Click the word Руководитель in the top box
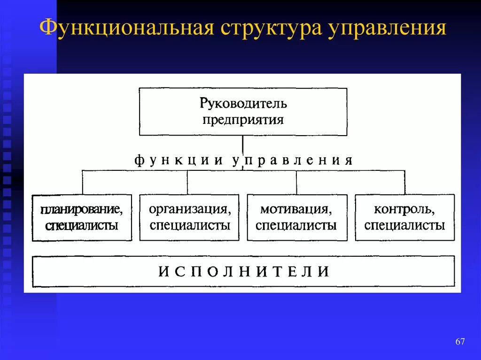tap(243, 102)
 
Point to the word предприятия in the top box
tap(243, 119)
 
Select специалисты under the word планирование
tap(82, 226)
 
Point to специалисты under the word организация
tap(190, 225)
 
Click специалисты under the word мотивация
tap(296, 225)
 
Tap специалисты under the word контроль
tap(404, 225)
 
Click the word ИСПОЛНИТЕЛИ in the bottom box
tap(243, 271)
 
